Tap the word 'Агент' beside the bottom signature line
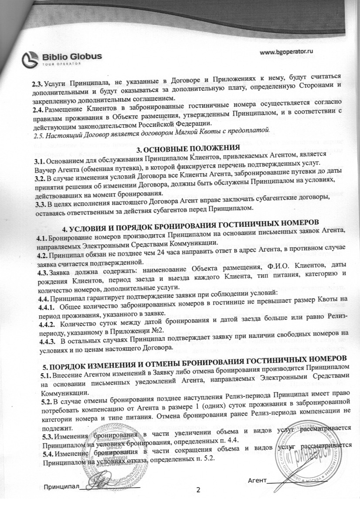pyautogui.click(x=257, y=481)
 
